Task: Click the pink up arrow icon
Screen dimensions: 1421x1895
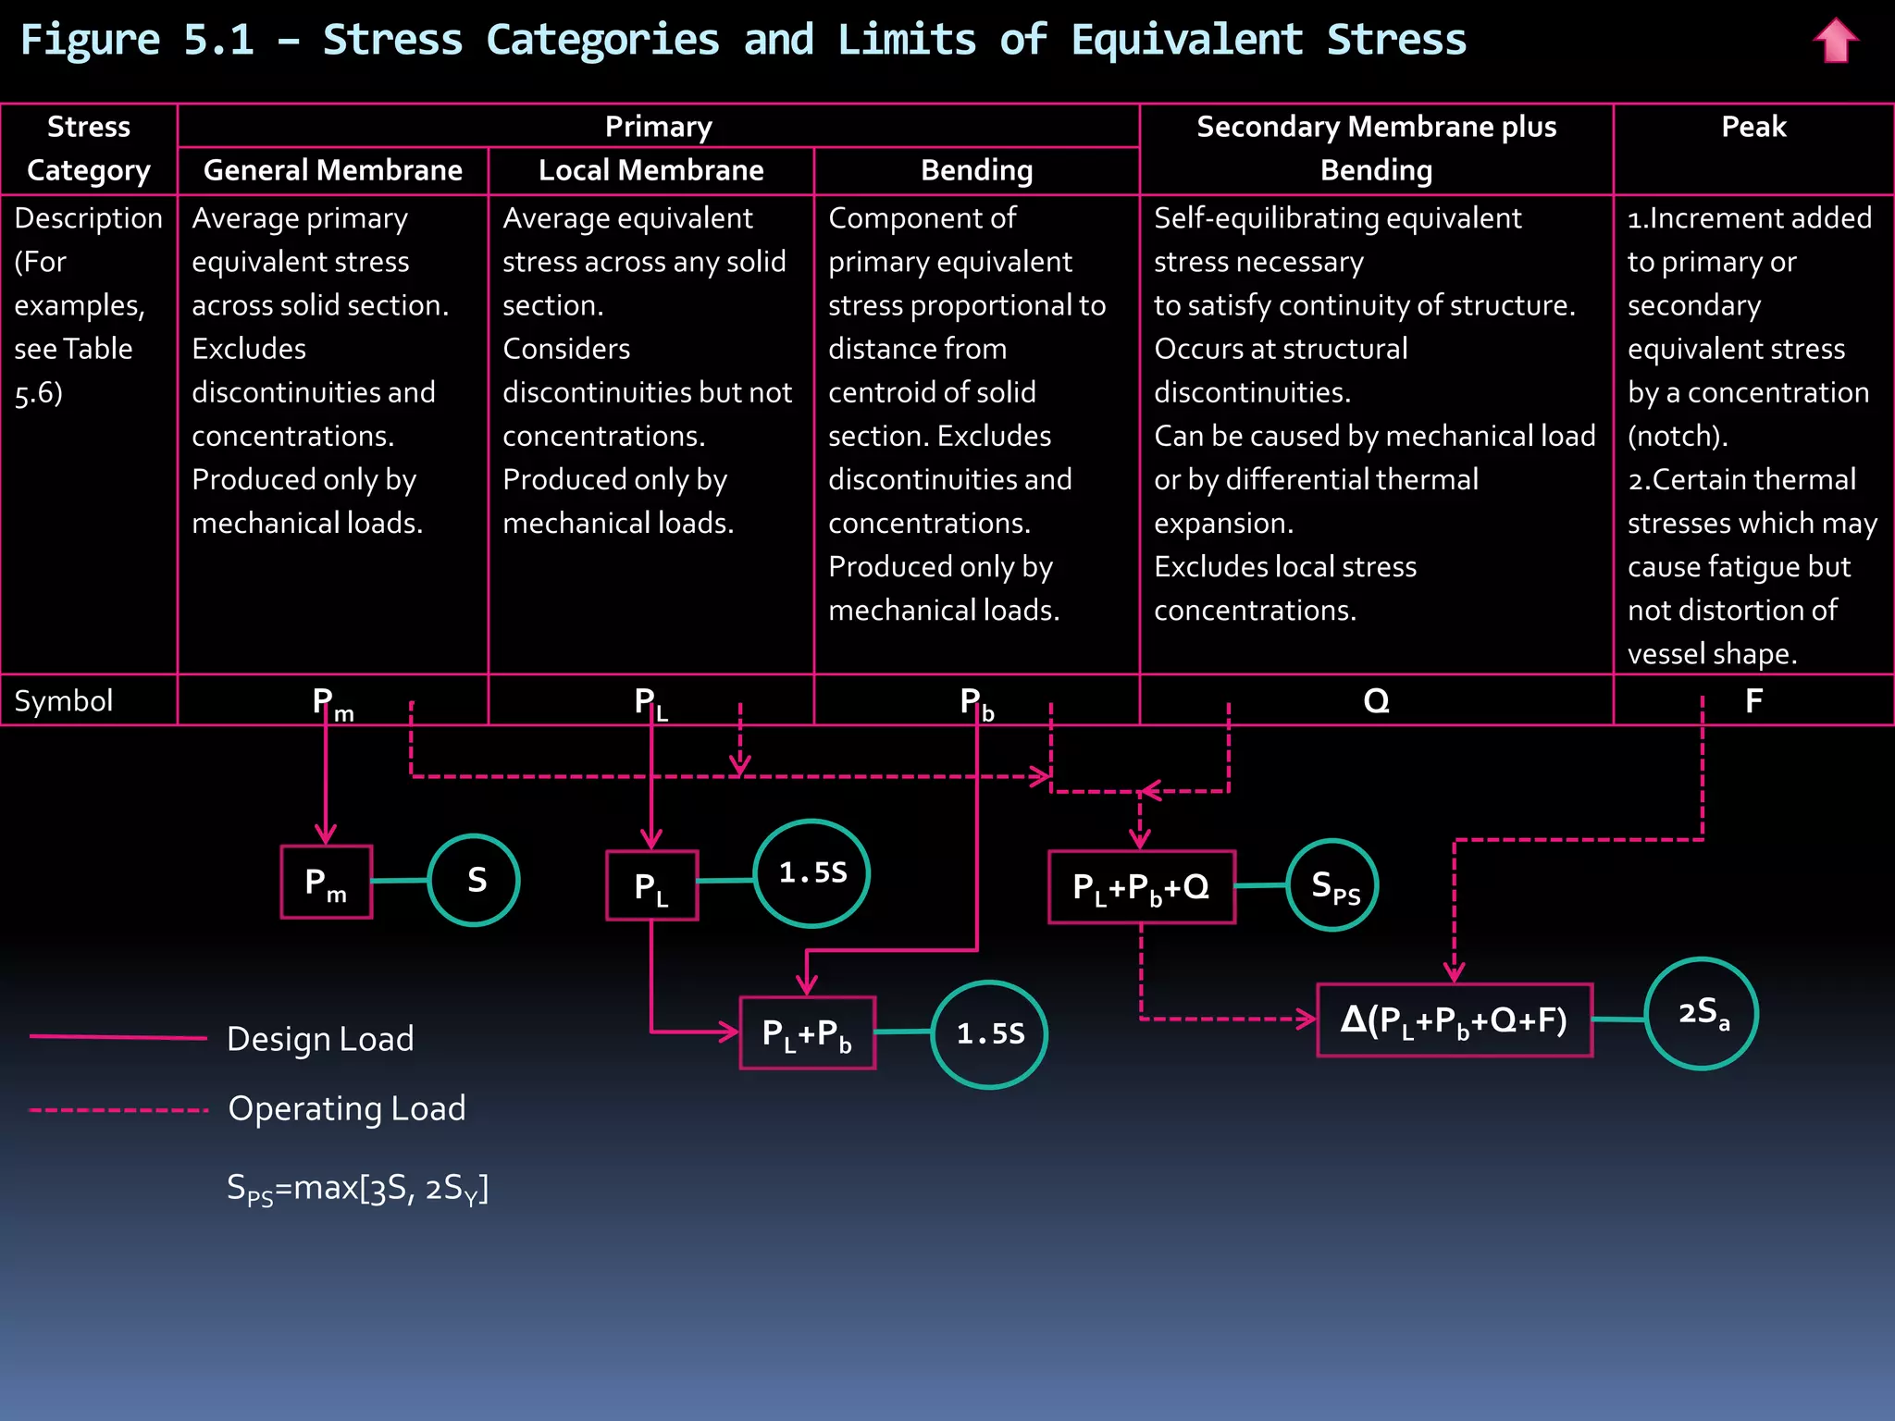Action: coord(1835,42)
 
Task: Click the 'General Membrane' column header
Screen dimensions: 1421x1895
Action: coord(332,170)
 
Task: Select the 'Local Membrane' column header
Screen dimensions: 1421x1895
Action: coord(650,170)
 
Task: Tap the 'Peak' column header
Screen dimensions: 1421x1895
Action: coord(1753,127)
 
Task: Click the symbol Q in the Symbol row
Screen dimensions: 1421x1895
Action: coord(1376,701)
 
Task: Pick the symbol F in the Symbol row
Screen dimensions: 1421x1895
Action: coord(1753,701)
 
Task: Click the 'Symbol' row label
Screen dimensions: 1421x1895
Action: coord(64,701)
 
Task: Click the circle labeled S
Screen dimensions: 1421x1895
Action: coord(474,880)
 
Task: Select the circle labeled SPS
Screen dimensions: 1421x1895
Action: coord(1332,885)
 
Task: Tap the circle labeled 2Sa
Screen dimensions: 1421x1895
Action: coord(1702,1014)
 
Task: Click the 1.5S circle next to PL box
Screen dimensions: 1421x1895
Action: coord(811,873)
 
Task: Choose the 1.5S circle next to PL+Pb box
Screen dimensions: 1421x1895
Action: coord(989,1034)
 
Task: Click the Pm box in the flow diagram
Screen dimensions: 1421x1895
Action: coord(327,882)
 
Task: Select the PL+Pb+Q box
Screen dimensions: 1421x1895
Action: coord(1141,887)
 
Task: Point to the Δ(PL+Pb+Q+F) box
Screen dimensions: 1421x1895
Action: coord(1454,1020)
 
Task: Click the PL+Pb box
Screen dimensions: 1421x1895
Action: coord(807,1033)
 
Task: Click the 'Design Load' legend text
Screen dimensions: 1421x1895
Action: coord(320,1039)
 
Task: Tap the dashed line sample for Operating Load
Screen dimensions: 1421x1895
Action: coord(118,1110)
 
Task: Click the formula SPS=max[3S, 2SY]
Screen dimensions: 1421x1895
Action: coord(357,1188)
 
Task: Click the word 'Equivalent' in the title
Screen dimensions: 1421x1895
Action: coord(1186,40)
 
